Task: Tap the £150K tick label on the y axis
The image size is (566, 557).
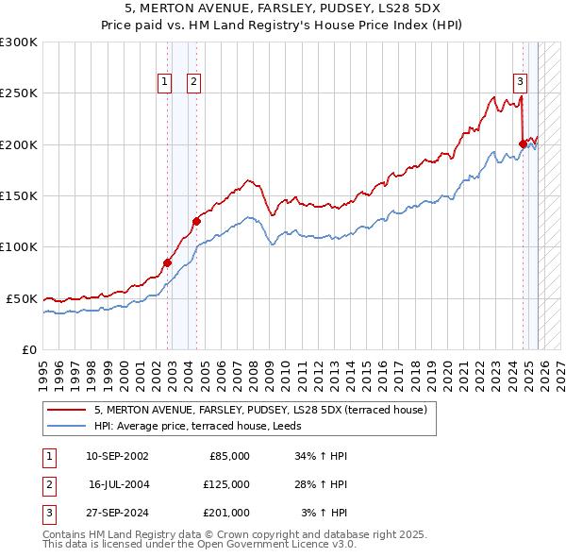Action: [x=19, y=195]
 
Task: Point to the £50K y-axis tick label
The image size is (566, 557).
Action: [x=22, y=298]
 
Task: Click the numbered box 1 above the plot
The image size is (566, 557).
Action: [x=165, y=82]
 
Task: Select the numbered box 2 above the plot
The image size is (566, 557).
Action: [x=192, y=82]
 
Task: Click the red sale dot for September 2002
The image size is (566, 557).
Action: [x=167, y=262]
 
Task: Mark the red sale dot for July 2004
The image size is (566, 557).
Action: [x=196, y=222]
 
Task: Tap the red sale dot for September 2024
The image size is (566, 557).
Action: [x=523, y=143]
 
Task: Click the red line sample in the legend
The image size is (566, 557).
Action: [x=67, y=410]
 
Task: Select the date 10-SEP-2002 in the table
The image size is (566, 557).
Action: [x=117, y=456]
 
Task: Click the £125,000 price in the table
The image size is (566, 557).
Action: [x=225, y=484]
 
